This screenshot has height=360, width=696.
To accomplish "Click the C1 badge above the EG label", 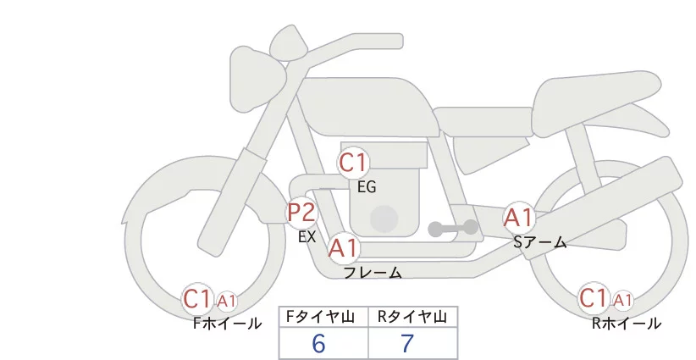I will coord(353,163).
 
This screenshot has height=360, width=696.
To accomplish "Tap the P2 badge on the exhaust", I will coord(301,212).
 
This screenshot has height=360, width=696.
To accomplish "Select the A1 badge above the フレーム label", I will coord(343,248).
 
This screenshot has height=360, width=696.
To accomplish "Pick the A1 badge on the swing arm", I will coord(518,217).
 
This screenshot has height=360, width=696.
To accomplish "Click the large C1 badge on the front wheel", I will coord(198,298).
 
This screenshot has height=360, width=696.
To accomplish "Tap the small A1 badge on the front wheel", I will coord(227,300).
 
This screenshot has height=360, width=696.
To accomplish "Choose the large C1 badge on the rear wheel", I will coord(594,298).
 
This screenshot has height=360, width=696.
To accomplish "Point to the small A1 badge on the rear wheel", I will coord(622,300).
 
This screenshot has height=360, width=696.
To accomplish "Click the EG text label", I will coord(367,187).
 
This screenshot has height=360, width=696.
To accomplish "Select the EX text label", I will coord(307,237).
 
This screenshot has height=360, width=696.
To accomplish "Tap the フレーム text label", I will coord(373,273).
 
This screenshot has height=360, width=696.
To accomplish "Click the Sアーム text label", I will coord(539,243).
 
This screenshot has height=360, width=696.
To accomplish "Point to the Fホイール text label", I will coord(227,323).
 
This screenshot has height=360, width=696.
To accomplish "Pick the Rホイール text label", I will coord(626,323).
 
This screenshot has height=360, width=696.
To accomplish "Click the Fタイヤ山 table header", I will coord(323,317).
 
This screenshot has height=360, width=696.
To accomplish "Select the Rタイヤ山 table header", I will coord(412,317).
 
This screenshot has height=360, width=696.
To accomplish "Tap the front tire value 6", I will coord(318,343).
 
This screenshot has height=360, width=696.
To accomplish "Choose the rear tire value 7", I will coord(408,343).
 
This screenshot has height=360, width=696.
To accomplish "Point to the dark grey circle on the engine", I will coord(385,219).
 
